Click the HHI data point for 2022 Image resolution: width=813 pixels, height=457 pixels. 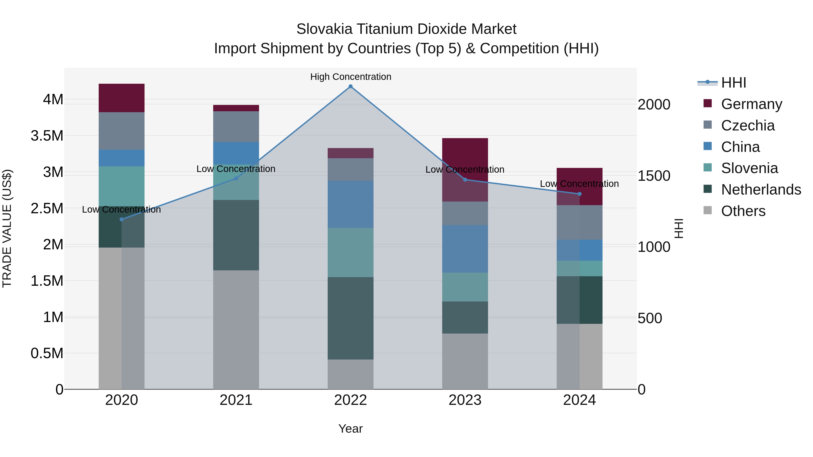pos(350,86)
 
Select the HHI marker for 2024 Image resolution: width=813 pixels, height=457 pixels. pos(579,194)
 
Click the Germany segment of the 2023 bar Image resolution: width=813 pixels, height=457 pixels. pos(465,158)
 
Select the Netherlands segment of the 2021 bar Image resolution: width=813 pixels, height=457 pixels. pos(236,235)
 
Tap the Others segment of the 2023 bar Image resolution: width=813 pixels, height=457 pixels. pos(465,361)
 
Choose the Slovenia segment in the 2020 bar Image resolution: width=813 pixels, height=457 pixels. pos(121,186)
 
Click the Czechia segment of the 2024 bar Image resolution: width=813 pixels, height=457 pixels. pos(579,222)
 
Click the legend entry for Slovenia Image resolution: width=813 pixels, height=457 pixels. pos(749,168)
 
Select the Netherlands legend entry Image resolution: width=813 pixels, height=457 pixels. pos(761,190)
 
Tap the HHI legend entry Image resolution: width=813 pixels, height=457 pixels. pos(733,83)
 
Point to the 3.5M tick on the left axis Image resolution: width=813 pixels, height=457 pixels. pos(47,136)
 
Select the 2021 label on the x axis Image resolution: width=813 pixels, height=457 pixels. pos(236,400)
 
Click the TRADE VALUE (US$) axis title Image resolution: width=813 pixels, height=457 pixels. pos(7,228)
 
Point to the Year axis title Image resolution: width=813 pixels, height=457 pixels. pos(350,429)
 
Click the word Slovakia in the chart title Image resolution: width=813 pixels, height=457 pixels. pos(324,29)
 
